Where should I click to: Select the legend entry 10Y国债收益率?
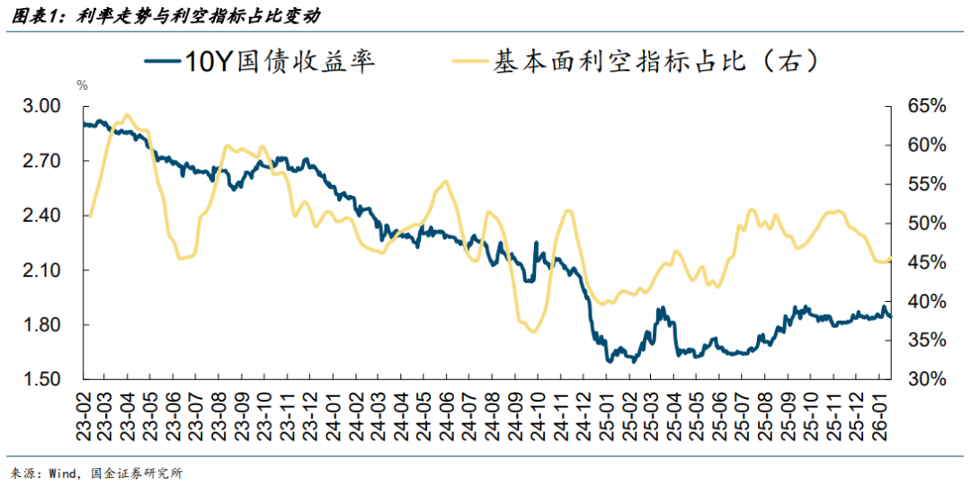point(260,62)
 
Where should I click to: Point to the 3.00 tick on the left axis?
point(41,106)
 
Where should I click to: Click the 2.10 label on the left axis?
point(41,270)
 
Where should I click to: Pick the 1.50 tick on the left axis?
point(41,379)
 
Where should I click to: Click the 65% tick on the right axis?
point(927,106)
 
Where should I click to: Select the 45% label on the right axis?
point(927,262)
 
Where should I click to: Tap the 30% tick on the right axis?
point(927,379)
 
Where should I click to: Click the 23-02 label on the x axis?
point(83,412)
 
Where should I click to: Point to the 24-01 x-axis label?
point(331,412)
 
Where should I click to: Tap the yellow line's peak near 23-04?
point(126,115)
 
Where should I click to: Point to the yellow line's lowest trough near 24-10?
point(534,332)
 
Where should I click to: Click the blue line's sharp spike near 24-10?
point(537,243)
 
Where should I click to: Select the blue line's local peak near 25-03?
point(662,308)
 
